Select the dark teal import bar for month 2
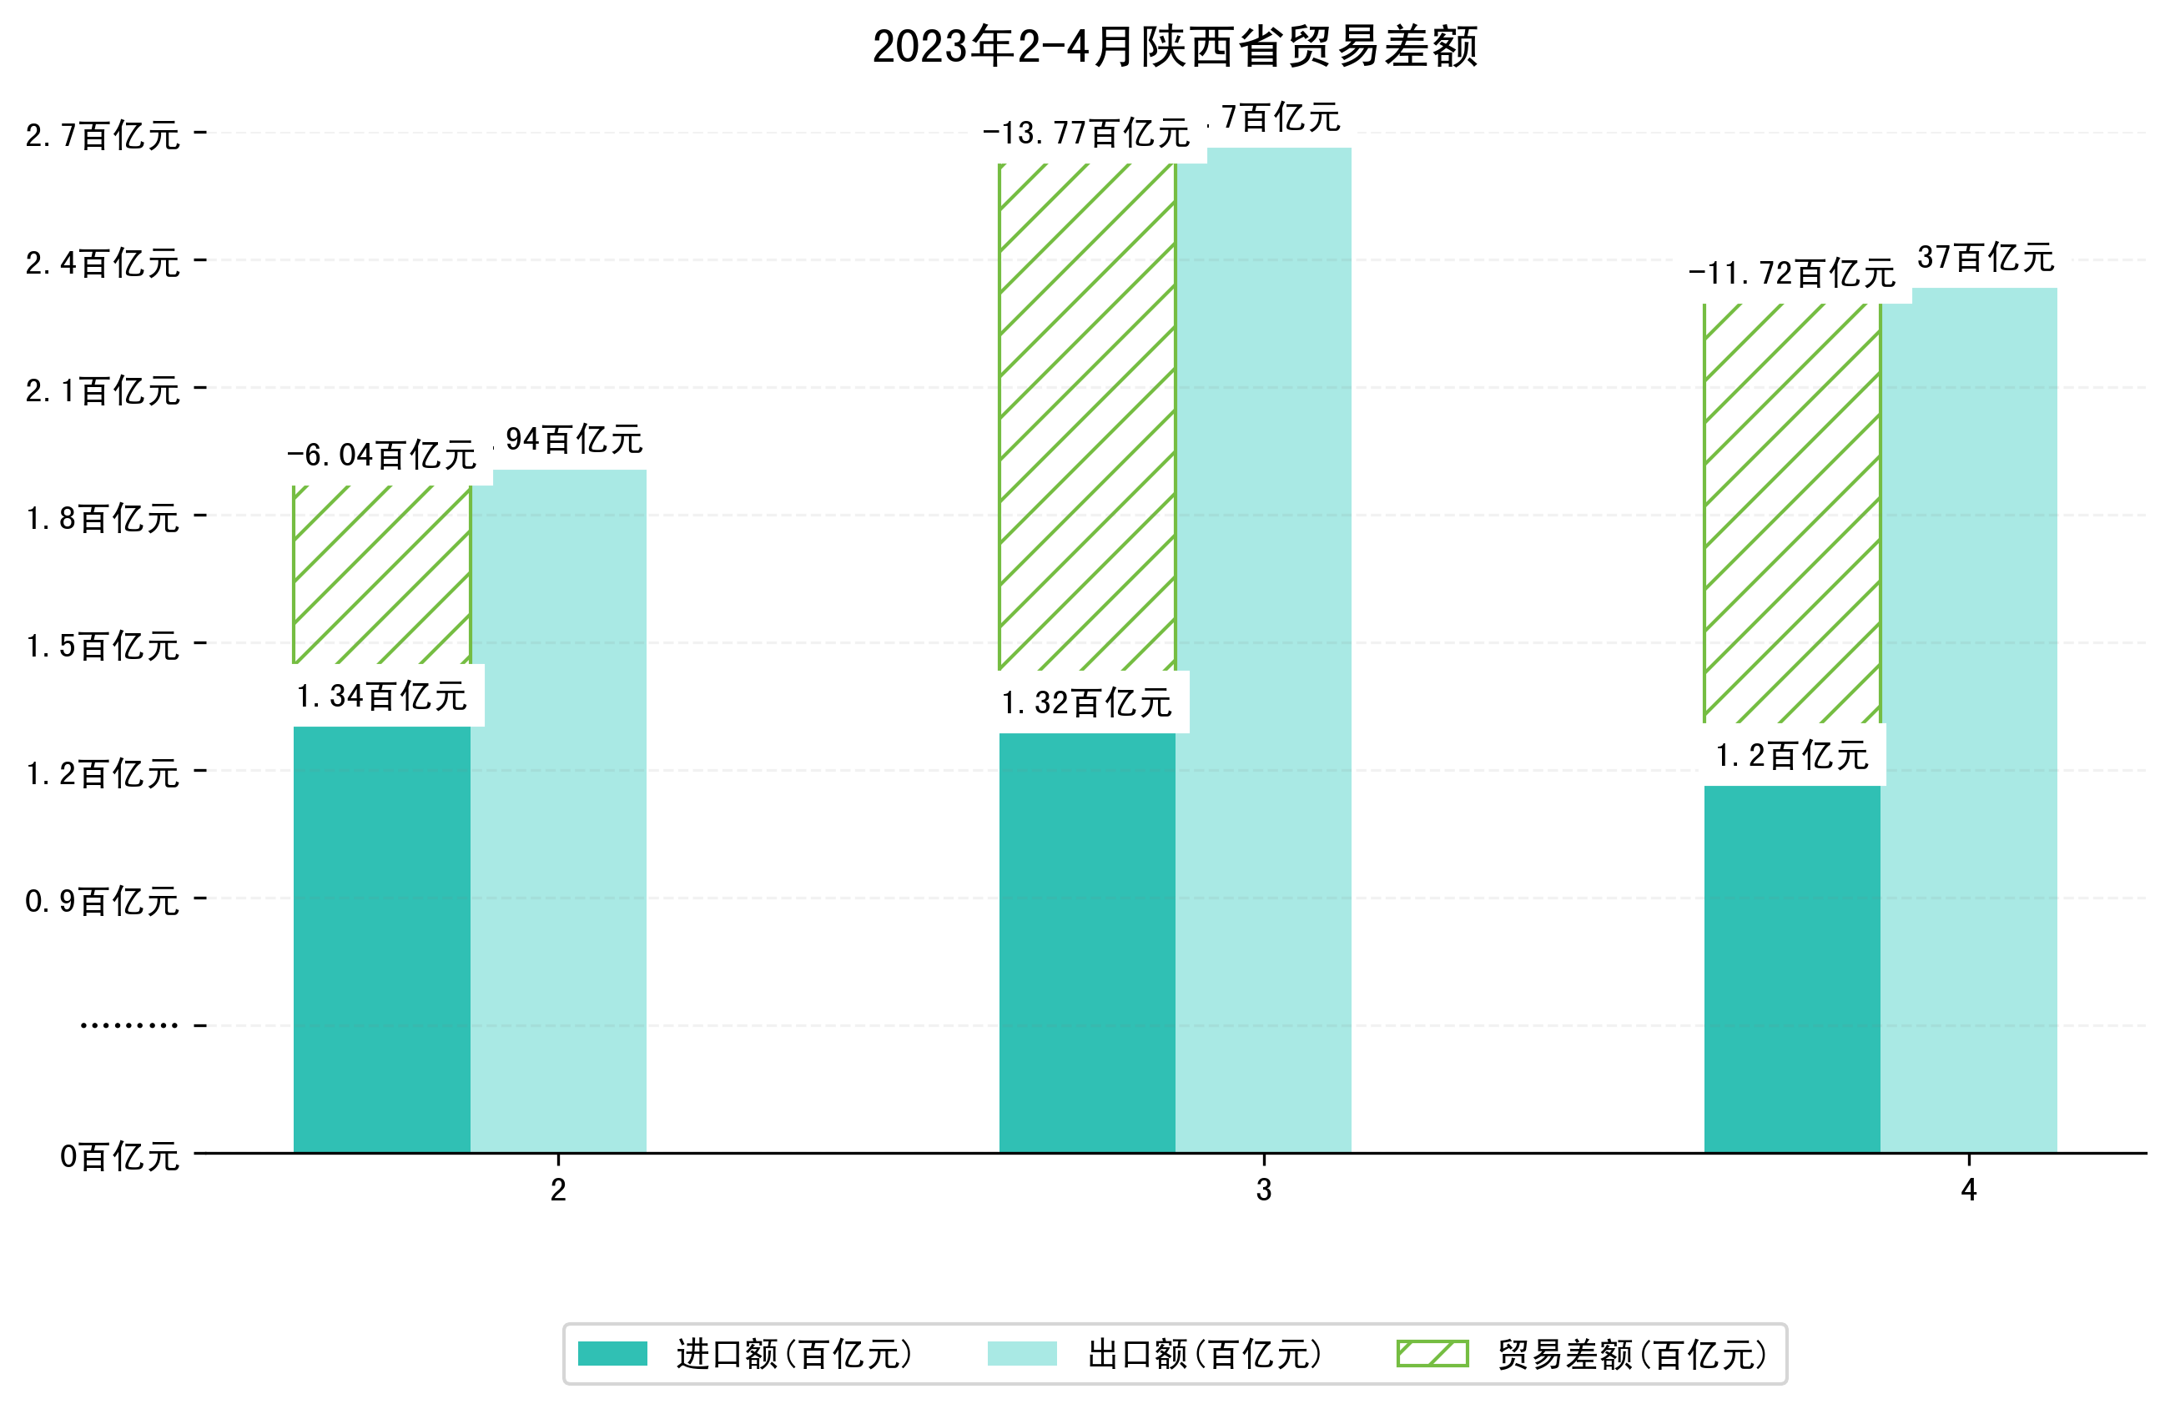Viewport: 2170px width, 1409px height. (381, 939)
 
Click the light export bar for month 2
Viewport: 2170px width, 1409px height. (558, 812)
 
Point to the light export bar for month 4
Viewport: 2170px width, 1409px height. (1968, 721)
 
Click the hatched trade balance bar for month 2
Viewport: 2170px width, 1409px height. (381, 575)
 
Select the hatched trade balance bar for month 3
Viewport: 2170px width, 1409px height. (1087, 417)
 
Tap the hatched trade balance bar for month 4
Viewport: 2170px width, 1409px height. (1791, 512)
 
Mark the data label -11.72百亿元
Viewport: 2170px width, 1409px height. (1791, 273)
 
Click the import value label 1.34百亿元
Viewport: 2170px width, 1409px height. (381, 697)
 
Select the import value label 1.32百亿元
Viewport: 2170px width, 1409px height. (1087, 703)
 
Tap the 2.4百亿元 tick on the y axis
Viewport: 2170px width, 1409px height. (102, 264)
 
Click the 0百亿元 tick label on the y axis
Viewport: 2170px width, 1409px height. (119, 1157)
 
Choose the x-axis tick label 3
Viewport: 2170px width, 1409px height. (1263, 1190)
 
